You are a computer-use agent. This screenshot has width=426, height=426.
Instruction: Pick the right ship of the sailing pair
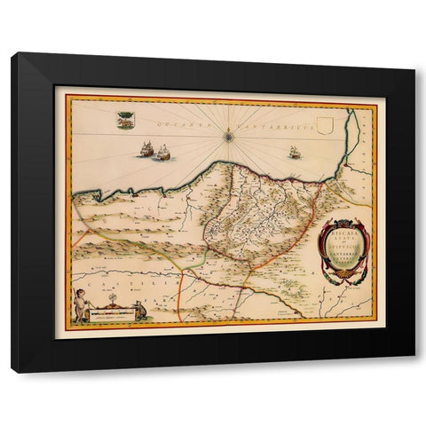tap(162, 154)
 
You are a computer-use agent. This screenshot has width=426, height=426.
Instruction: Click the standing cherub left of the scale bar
tap(82, 306)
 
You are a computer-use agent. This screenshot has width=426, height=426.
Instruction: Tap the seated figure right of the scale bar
tap(138, 310)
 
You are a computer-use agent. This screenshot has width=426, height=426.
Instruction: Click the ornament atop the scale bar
tap(110, 302)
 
